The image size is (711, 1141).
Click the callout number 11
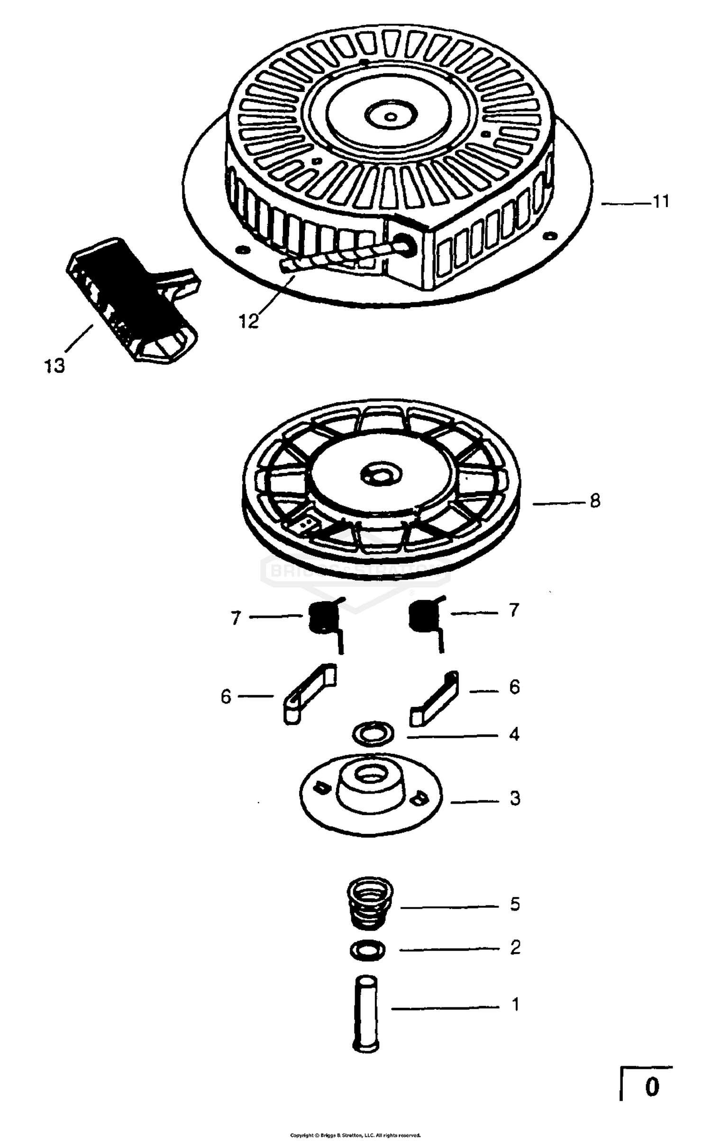point(661,202)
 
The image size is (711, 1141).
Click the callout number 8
point(595,501)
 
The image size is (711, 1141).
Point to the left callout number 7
point(236,618)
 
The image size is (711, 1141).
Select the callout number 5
point(515,904)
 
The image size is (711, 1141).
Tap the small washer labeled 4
point(374,734)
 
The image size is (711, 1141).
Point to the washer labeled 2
point(367,950)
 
